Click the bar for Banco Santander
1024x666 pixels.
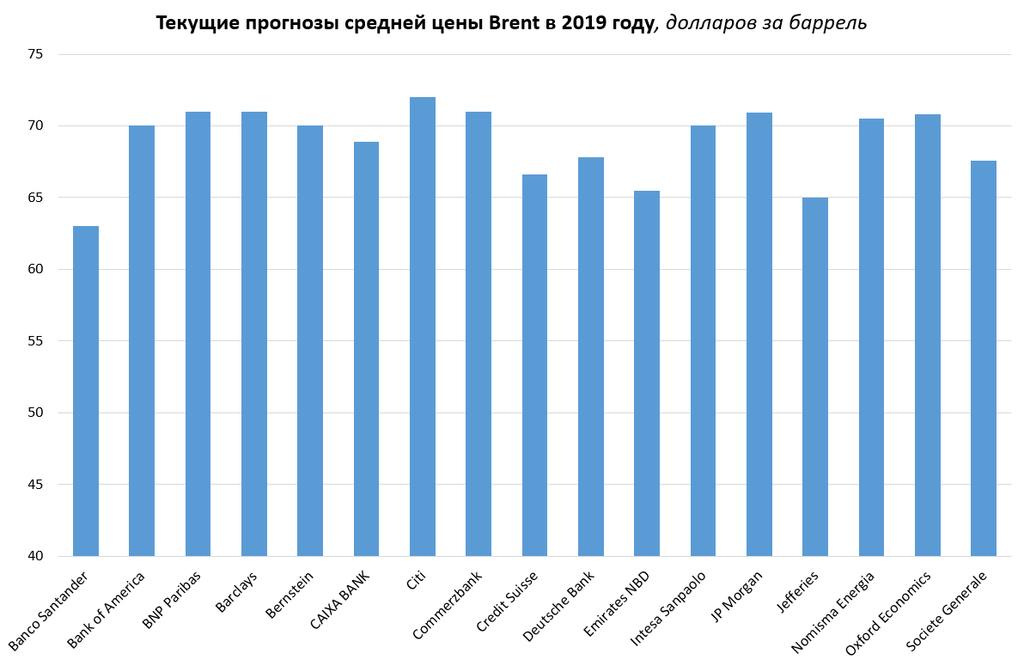pyautogui.click(x=86, y=391)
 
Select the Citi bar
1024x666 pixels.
pyautogui.click(x=423, y=327)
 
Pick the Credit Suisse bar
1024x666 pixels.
pyautogui.click(x=534, y=365)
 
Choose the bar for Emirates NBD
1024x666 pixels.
pyautogui.click(x=647, y=373)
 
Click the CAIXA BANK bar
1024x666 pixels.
pyautogui.click(x=366, y=349)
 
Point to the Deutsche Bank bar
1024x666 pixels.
pyautogui.click(x=591, y=357)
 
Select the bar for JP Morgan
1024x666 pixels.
pyautogui.click(x=759, y=334)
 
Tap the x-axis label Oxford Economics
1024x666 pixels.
pyautogui.click(x=889, y=613)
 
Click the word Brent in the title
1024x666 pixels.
pyautogui.click(x=515, y=23)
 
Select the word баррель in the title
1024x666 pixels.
pyautogui.click(x=832, y=24)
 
